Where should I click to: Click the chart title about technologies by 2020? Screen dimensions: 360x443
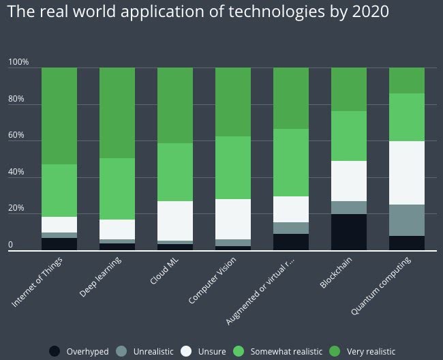pyautogui.click(x=198, y=13)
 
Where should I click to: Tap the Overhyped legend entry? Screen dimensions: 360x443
pyautogui.click(x=79, y=351)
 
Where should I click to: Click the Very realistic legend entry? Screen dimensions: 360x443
pyautogui.click(x=361, y=351)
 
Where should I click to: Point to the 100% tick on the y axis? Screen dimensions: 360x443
pyautogui.click(x=18, y=63)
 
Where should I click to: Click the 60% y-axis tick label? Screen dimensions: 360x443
pyautogui.click(x=16, y=136)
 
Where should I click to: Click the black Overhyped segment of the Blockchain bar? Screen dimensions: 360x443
pyautogui.click(x=349, y=232)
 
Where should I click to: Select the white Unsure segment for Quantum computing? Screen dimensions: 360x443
pyautogui.click(x=407, y=172)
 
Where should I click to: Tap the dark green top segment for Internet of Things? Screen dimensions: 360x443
pyautogui.click(x=59, y=116)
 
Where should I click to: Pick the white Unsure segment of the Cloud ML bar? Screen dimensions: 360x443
pyautogui.click(x=175, y=220)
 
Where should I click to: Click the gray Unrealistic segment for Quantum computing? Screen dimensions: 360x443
pyautogui.click(x=407, y=220)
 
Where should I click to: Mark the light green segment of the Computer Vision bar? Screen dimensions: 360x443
pyautogui.click(x=233, y=168)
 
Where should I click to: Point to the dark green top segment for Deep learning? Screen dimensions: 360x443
pyautogui.click(x=117, y=113)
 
